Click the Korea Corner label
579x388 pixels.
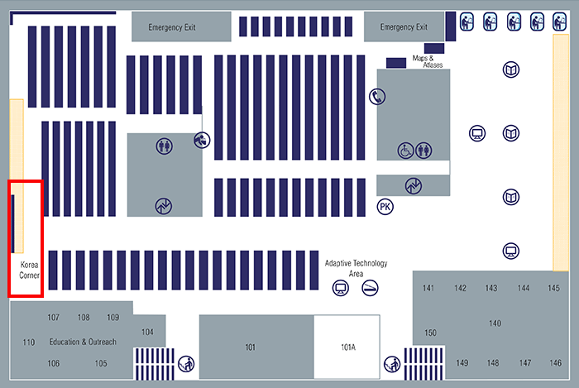coord(29,270)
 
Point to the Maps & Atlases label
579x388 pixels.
coord(428,61)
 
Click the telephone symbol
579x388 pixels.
coord(377,97)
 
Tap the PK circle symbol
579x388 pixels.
coord(385,206)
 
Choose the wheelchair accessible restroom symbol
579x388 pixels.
coord(406,151)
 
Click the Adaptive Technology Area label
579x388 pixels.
coord(356,268)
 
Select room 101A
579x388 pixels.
coord(347,347)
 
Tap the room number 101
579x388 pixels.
coord(251,347)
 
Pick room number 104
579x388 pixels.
coord(147,332)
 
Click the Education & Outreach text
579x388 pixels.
coord(83,342)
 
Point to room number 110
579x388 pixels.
coord(29,342)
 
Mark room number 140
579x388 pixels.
coord(495,323)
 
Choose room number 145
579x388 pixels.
coord(553,288)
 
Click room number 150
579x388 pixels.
coord(430,333)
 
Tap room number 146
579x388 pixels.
coord(555,363)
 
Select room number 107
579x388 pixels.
coord(54,318)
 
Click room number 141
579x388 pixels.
coord(428,288)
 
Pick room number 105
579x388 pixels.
coord(101,363)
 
